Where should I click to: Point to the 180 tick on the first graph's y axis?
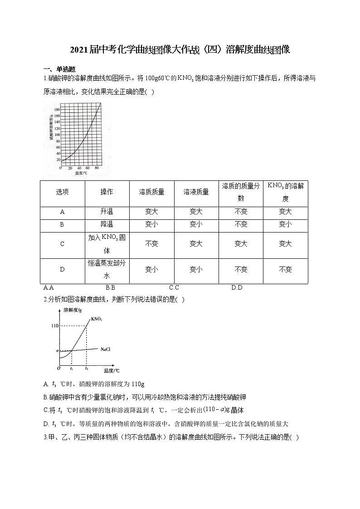57,110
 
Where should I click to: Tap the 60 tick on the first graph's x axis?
88,168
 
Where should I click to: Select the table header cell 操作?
107,192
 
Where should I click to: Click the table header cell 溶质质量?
151,192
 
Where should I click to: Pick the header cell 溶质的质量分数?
241,192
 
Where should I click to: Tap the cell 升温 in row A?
107,212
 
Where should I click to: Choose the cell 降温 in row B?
107,224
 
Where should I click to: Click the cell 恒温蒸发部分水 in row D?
107,269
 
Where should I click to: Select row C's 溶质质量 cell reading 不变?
151,244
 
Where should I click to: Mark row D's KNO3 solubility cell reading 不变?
285,270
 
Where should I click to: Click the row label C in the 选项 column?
63,244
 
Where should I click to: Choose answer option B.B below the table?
110,287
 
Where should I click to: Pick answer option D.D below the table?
237,287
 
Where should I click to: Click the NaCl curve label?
105,349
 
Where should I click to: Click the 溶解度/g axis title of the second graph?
73,310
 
